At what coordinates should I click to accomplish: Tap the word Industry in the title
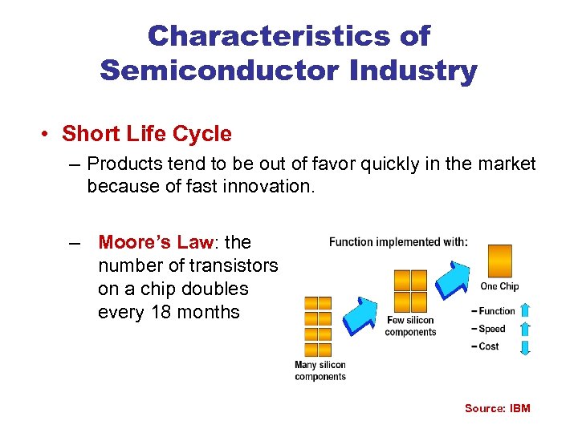click(x=413, y=70)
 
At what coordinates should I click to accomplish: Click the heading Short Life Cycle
click(x=146, y=134)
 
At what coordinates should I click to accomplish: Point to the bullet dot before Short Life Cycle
click(x=48, y=135)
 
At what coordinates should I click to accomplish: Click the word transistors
click(x=233, y=265)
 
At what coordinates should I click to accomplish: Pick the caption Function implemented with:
click(x=398, y=241)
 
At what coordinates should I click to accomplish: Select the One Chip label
click(x=499, y=286)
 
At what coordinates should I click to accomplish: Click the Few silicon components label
click(x=409, y=326)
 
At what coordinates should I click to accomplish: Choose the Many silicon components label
click(x=320, y=370)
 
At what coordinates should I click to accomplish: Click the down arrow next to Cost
click(x=526, y=346)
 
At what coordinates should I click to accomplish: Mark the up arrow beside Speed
click(x=526, y=329)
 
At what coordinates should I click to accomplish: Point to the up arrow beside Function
click(x=526, y=310)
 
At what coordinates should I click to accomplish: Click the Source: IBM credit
click(x=497, y=408)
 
